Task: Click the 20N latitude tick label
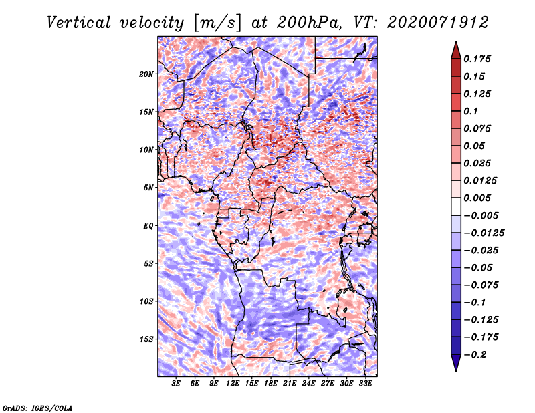(146, 74)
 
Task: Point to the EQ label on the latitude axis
(148, 226)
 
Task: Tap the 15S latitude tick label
(146, 339)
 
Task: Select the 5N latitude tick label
(148, 188)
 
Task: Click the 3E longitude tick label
(176, 384)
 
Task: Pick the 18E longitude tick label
(271, 384)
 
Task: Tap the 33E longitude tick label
(365, 384)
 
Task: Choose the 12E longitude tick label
(233, 384)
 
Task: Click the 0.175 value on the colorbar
(477, 59)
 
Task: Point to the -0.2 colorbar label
(475, 355)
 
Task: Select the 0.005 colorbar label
(477, 198)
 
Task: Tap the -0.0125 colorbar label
(484, 233)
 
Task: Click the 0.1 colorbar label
(471, 111)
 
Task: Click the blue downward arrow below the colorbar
(456, 363)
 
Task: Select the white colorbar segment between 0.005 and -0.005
(456, 206)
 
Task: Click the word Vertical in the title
(79, 23)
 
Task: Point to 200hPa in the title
(308, 23)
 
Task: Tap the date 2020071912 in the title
(438, 23)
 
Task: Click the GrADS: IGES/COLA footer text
(37, 408)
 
